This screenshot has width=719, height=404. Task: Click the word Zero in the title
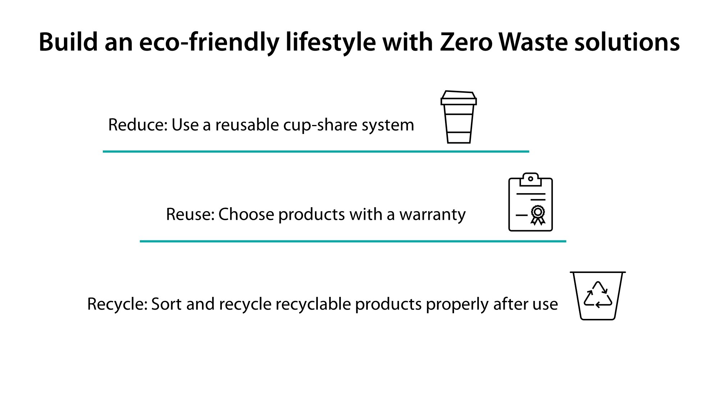(x=466, y=42)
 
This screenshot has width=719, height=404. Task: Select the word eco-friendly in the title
(x=209, y=42)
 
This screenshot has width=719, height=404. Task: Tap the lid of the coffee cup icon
(x=458, y=98)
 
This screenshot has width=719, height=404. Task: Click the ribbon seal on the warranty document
(x=538, y=214)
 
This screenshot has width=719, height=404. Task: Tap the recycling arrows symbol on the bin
(x=598, y=295)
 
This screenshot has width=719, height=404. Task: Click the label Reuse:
(x=190, y=214)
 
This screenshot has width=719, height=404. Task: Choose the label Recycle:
(x=117, y=304)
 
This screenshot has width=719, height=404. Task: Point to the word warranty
(x=432, y=215)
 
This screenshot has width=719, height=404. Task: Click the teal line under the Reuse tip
(x=353, y=241)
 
